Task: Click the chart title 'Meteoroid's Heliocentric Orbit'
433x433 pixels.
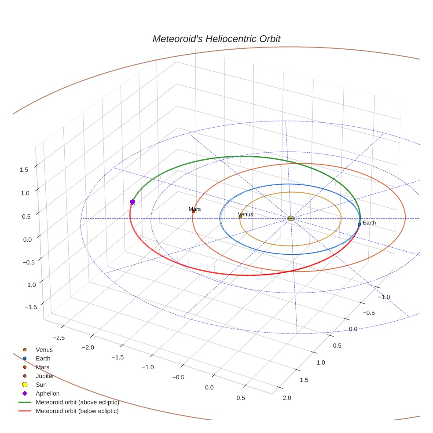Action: pyautogui.click(x=216, y=39)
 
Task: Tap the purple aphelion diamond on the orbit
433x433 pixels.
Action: pyautogui.click(x=132, y=202)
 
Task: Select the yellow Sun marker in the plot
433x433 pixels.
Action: pyautogui.click(x=291, y=218)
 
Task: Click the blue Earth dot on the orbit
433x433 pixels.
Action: pyautogui.click(x=360, y=224)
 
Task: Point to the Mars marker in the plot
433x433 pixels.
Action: pyautogui.click(x=193, y=212)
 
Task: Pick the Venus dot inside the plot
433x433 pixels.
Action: pyautogui.click(x=240, y=216)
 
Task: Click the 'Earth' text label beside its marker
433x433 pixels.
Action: pyautogui.click(x=369, y=223)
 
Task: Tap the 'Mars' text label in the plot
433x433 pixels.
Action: pyautogui.click(x=194, y=209)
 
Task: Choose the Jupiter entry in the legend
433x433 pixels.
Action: pyautogui.click(x=45, y=376)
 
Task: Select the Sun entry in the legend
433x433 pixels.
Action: pyautogui.click(x=41, y=385)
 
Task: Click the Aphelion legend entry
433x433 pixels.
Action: pyautogui.click(x=48, y=393)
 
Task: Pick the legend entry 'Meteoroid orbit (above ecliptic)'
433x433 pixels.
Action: pyautogui.click(x=77, y=402)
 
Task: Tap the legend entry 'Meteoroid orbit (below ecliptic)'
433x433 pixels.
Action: pyautogui.click(x=77, y=411)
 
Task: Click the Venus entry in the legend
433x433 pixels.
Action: pyautogui.click(x=44, y=349)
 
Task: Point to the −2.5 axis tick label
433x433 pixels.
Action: pyautogui.click(x=59, y=338)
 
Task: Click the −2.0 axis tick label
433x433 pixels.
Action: pyautogui.click(x=88, y=348)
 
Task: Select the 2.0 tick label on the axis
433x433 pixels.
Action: pyautogui.click(x=286, y=398)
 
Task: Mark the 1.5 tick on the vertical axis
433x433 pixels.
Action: pyautogui.click(x=24, y=169)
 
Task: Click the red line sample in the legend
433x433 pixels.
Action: pyautogui.click(x=25, y=411)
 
